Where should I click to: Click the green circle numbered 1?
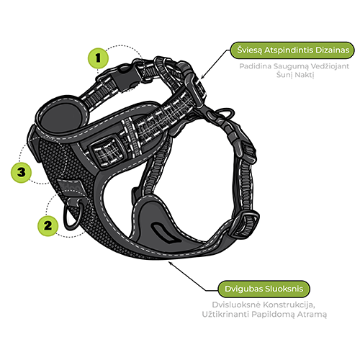(98, 58)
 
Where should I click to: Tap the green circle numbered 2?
(48, 226)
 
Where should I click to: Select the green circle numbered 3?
(22, 172)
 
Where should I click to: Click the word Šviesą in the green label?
(250, 50)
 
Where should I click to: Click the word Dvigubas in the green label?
(242, 289)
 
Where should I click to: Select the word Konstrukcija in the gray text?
(289, 305)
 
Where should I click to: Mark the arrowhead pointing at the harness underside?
(170, 263)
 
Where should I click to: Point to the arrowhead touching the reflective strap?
(202, 77)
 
